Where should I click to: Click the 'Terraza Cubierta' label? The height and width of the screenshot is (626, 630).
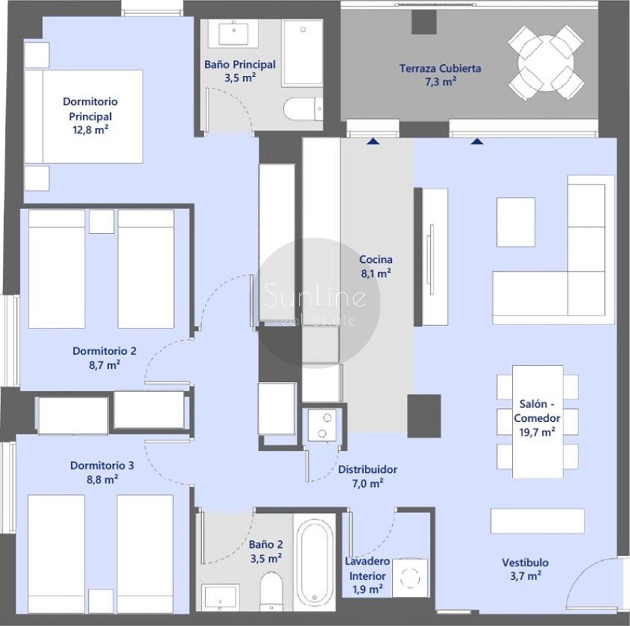tap(440, 69)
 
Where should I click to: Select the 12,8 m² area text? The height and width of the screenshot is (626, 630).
tap(91, 130)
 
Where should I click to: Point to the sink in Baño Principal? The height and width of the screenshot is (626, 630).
tap(233, 32)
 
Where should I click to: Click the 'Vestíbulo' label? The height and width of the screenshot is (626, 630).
tap(525, 563)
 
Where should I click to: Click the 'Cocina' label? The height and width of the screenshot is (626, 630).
tap(376, 260)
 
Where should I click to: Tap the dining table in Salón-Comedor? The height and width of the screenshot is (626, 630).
tap(537, 422)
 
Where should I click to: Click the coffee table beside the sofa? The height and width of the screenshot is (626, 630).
tap(516, 222)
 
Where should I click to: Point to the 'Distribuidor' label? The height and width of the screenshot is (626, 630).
tap(368, 469)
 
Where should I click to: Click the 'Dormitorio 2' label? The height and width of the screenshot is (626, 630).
tap(104, 351)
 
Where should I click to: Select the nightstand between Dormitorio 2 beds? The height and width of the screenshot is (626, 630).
tap(102, 222)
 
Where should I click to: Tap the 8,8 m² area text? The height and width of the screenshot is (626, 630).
tap(102, 480)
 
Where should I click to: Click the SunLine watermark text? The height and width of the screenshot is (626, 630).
tap(315, 296)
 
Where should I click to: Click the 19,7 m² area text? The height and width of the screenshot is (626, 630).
tap(537, 433)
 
